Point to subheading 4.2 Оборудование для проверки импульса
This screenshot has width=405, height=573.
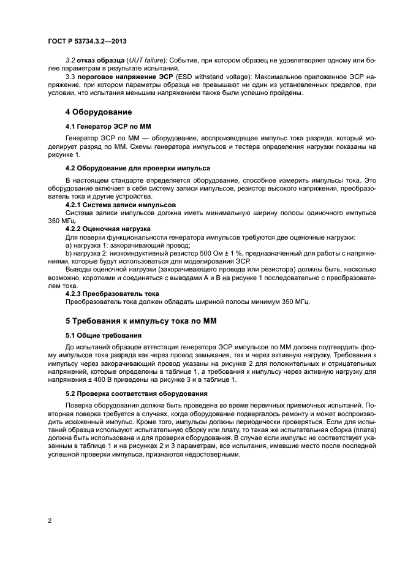click(138, 167)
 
